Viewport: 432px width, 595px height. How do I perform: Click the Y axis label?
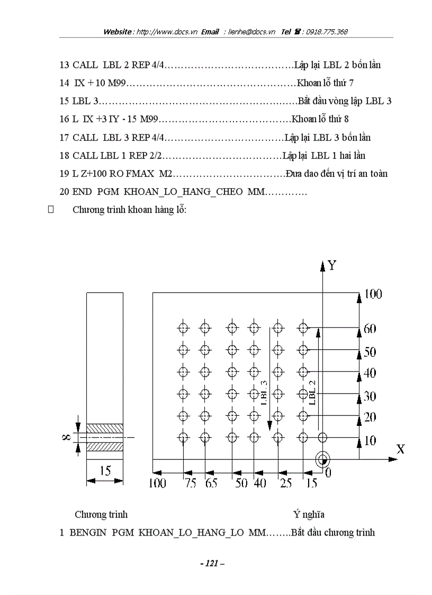point(332,265)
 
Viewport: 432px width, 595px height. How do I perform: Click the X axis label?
point(400,449)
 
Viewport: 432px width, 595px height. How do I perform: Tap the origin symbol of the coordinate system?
point(322,459)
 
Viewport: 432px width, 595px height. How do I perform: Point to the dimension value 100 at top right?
point(373,294)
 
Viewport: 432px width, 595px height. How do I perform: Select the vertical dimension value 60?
point(370,329)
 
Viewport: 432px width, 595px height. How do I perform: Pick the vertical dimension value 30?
point(370,395)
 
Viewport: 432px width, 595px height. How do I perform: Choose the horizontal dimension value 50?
point(240,483)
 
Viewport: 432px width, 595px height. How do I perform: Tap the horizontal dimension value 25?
point(286,483)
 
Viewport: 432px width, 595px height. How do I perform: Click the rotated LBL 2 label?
point(312,393)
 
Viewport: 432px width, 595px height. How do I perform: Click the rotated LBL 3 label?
point(264,393)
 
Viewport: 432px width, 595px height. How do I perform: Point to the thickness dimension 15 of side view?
point(105,470)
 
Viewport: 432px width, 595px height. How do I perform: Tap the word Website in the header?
point(118,32)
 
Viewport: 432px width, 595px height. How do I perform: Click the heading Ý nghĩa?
point(309,514)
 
